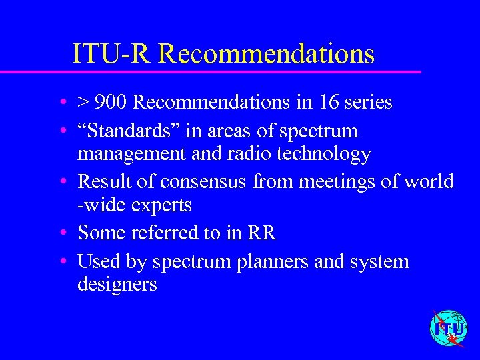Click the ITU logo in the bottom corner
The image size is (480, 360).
click(448, 329)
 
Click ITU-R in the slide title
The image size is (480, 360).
click(113, 53)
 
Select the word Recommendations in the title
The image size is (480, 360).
click(267, 53)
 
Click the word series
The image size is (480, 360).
click(369, 103)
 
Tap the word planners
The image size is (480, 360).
click(269, 261)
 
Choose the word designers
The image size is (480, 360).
click(117, 285)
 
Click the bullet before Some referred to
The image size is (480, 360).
click(61, 233)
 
